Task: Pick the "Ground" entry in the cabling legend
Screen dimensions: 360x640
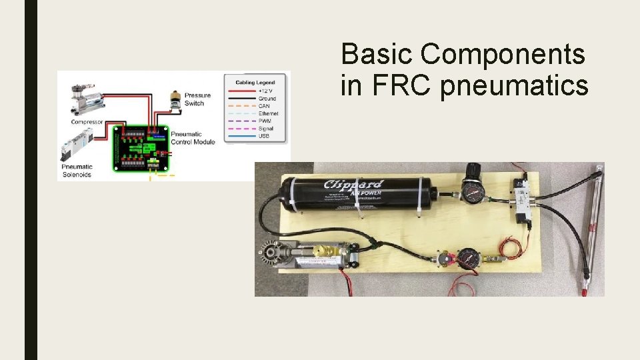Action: coord(267,99)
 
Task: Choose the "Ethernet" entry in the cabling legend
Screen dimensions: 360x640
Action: coord(269,113)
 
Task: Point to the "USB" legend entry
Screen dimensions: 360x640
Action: coord(263,136)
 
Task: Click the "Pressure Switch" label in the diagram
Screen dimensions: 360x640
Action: coord(197,99)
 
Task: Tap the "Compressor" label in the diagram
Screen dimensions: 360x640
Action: coord(87,122)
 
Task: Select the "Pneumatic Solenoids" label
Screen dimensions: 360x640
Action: coord(77,171)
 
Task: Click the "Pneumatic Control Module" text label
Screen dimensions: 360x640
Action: coord(193,138)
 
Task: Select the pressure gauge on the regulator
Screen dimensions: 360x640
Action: coord(473,195)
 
